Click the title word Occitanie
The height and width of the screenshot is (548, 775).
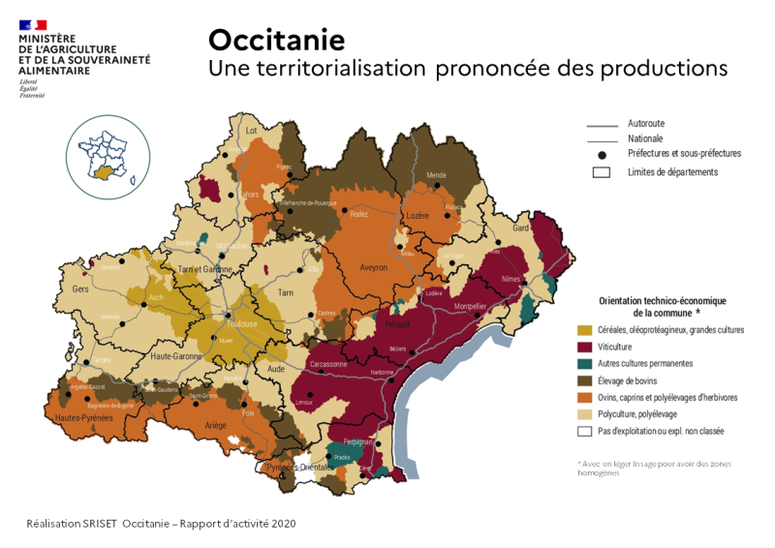[276, 40]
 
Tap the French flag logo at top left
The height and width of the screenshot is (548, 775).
[32, 24]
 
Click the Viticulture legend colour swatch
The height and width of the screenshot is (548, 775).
[584, 347]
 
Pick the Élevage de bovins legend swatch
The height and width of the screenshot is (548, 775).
[584, 381]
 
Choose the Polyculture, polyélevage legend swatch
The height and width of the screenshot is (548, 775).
[584, 414]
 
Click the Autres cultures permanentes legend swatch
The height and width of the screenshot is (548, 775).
[584, 364]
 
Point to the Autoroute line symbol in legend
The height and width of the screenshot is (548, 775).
[602, 125]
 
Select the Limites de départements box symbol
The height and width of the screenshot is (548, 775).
[602, 172]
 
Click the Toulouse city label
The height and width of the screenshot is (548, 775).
[242, 324]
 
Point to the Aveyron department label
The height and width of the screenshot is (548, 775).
[373, 267]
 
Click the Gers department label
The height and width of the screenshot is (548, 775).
[80, 289]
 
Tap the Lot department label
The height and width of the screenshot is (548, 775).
[252, 131]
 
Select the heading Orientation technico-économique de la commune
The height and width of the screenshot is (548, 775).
[663, 307]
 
